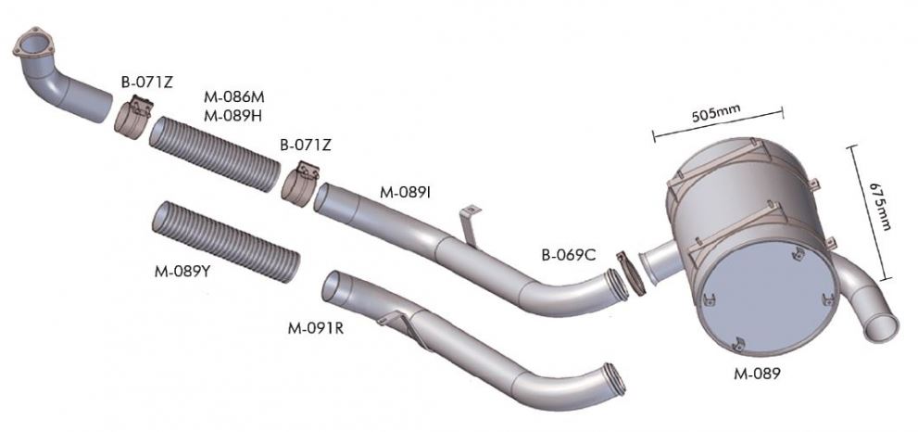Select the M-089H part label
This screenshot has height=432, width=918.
click(x=233, y=116)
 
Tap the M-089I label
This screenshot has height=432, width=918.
click(x=405, y=192)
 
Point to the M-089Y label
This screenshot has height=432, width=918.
click(x=182, y=271)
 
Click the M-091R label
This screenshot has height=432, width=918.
click(x=316, y=328)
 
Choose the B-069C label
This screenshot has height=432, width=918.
click(x=569, y=255)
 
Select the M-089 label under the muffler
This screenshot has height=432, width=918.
click(x=757, y=374)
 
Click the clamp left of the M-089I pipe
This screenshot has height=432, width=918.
click(x=300, y=184)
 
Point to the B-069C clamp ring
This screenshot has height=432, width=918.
click(x=630, y=273)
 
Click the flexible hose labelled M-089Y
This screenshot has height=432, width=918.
click(x=226, y=242)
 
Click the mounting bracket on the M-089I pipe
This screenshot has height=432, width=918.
click(x=469, y=224)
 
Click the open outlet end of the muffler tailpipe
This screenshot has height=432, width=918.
click(x=881, y=327)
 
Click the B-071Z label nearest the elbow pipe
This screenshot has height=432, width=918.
click(x=147, y=83)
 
